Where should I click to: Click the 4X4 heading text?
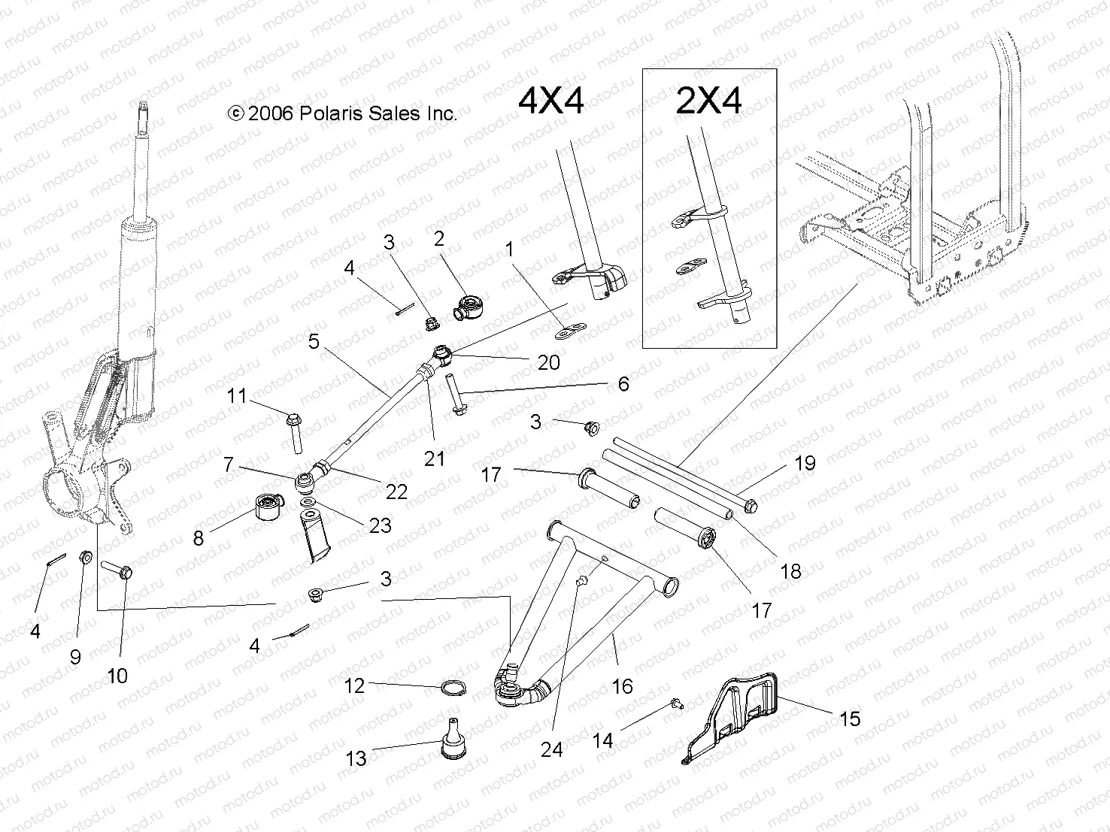[x=551, y=101]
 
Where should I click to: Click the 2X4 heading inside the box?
[x=708, y=101]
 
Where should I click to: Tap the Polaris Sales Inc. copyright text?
[x=342, y=113]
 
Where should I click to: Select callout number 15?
[x=849, y=719]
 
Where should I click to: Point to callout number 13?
[x=356, y=758]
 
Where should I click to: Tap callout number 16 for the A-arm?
[x=622, y=685]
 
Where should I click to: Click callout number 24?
[x=552, y=749]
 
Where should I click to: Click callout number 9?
[x=75, y=657]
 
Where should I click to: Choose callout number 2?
[x=439, y=239]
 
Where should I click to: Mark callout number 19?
[x=805, y=463]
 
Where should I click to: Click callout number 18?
[x=790, y=571]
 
